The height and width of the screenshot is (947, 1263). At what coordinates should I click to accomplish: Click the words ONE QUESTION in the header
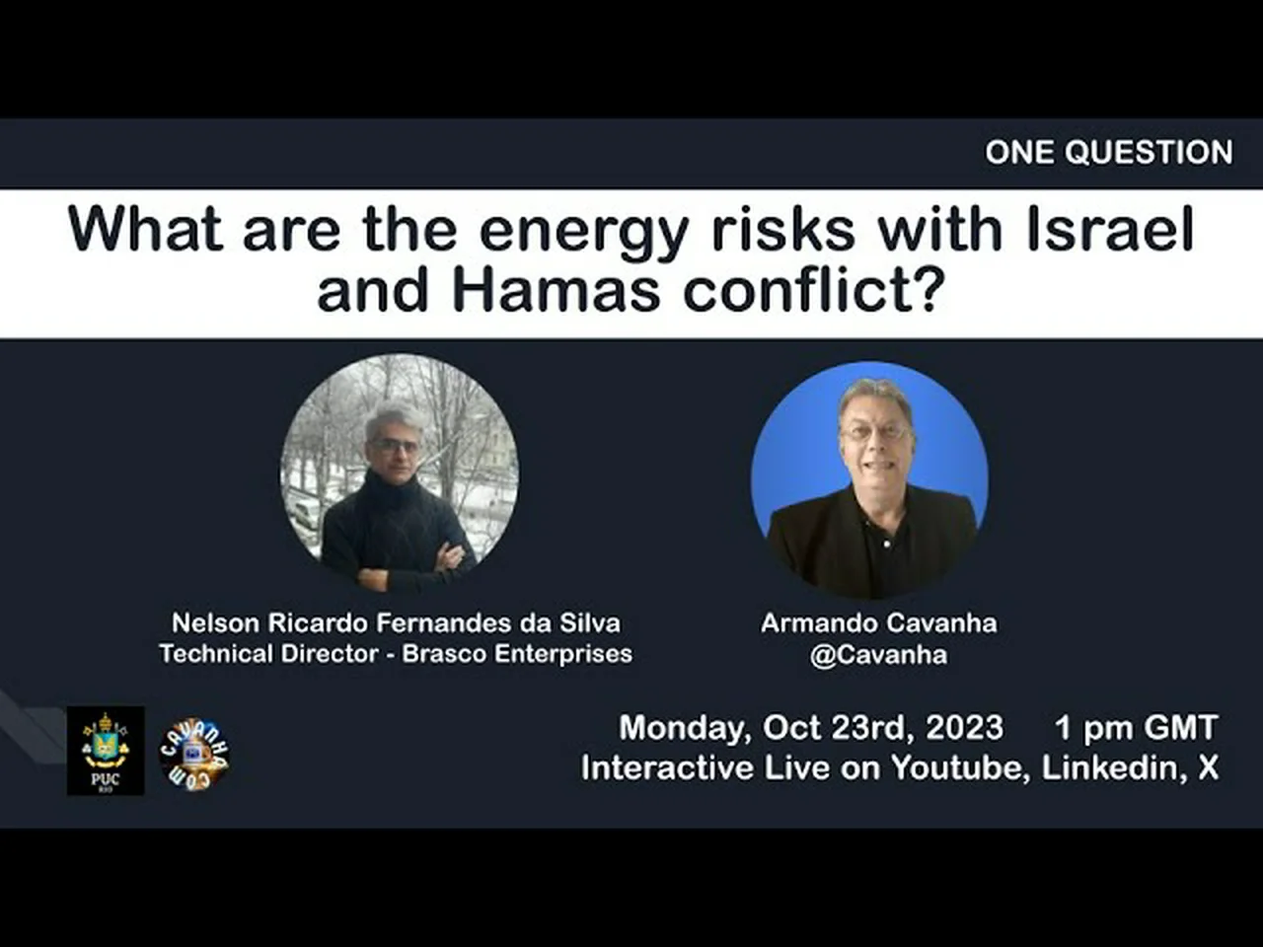click(1109, 152)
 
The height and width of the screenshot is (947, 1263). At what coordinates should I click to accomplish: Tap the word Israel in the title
click(1109, 229)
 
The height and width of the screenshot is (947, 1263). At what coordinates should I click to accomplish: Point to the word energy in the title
click(583, 234)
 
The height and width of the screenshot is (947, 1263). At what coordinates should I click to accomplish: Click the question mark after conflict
click(929, 290)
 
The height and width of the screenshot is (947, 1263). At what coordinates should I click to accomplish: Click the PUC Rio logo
click(106, 751)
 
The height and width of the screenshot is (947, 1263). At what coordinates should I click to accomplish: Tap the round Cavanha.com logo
click(194, 755)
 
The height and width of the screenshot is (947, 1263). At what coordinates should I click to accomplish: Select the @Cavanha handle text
click(878, 655)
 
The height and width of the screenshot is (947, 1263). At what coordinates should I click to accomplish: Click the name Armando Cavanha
click(878, 623)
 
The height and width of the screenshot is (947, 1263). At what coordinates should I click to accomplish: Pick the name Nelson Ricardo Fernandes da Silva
click(396, 623)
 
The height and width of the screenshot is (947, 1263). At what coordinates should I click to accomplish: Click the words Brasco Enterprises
click(517, 654)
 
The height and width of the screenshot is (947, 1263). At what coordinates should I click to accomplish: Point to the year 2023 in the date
click(964, 727)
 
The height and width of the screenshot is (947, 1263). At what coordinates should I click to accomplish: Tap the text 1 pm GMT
click(1137, 727)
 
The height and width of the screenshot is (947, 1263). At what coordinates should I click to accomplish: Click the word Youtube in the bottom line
click(960, 767)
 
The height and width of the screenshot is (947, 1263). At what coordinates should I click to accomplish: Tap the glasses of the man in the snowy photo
click(396, 445)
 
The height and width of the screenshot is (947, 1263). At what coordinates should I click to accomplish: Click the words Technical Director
click(268, 654)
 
